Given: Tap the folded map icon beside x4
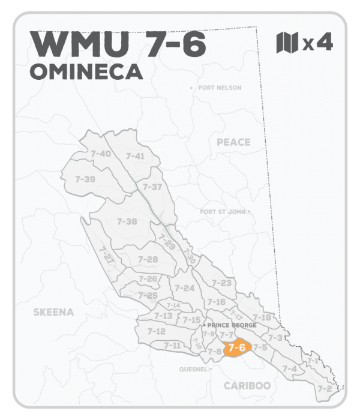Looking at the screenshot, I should point(287,43).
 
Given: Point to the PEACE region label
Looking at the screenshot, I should point(233,142).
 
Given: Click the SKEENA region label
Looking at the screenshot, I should point(53,312).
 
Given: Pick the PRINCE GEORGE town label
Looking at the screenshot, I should point(232,325).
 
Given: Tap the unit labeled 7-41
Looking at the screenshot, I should point(135,156).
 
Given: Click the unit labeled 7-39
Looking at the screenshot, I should point(85,179).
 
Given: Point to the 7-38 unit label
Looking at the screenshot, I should point(127,221).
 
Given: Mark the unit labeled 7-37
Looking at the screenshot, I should point(152,187).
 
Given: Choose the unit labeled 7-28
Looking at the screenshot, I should point(148,259).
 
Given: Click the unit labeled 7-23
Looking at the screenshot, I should point(222,283).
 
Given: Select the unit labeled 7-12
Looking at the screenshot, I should point(156,331).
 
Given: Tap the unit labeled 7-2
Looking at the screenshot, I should point(325,389).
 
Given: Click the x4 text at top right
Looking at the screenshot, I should point(318,43).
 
